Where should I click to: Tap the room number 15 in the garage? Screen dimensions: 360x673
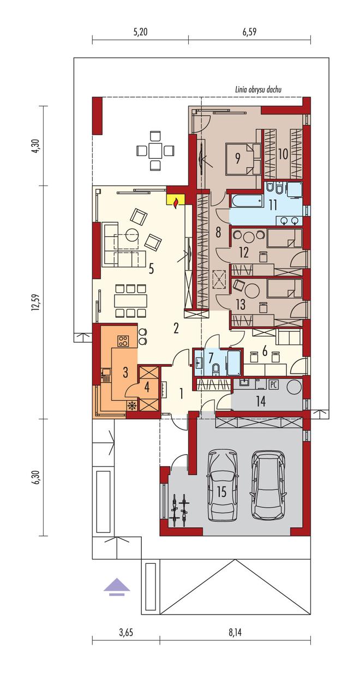[x=221, y=492]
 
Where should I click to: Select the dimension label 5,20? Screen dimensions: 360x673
[x=140, y=32]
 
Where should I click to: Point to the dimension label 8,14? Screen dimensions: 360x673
[x=235, y=632]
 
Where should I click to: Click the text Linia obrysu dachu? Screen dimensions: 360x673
[x=258, y=90]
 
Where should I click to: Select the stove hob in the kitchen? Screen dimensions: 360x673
[x=123, y=341]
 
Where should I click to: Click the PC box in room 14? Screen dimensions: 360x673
[x=273, y=385]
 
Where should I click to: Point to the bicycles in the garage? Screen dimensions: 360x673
[x=179, y=510]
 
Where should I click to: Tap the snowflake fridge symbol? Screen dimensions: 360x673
[x=131, y=406]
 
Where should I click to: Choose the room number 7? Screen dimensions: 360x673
[x=211, y=358]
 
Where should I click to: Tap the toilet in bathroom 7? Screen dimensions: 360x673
[x=216, y=369]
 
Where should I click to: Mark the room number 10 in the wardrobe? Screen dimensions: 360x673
[x=283, y=154]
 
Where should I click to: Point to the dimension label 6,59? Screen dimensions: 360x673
[x=249, y=32]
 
